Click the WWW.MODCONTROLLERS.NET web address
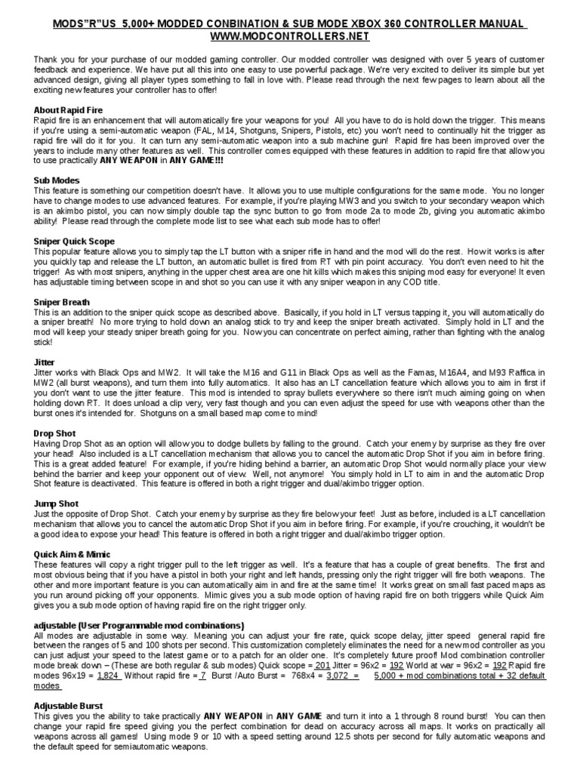(x=289, y=35)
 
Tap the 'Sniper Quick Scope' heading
(x=73, y=241)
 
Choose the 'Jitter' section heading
(x=45, y=362)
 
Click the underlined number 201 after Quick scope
(x=322, y=664)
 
